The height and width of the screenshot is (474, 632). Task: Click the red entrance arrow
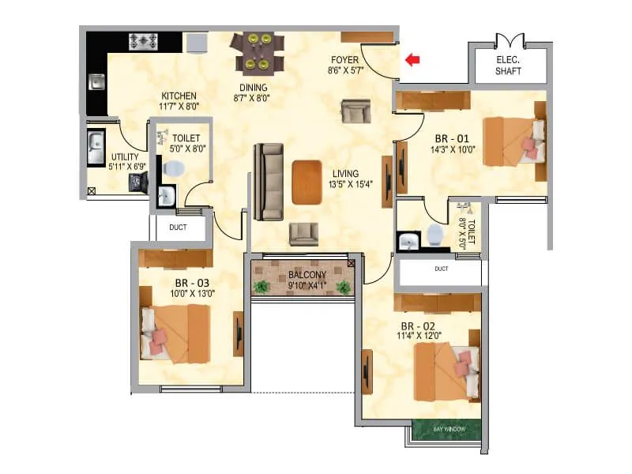[x=412, y=59]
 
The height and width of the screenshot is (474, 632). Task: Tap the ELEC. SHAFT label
[x=509, y=66]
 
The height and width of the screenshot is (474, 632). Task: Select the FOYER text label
[x=344, y=60]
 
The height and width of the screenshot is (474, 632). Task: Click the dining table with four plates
[x=253, y=51]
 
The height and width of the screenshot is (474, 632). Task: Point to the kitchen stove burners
[x=144, y=40]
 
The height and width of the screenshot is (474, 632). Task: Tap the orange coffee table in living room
[x=307, y=182]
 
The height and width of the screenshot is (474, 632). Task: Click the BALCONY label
[x=307, y=275]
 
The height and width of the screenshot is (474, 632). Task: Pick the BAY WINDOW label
[x=448, y=429]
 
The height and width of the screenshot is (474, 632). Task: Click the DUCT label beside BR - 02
[x=441, y=269]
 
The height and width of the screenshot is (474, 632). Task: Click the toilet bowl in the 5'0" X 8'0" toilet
[x=173, y=168]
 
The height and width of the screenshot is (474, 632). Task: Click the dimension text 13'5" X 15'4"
[x=345, y=185]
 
